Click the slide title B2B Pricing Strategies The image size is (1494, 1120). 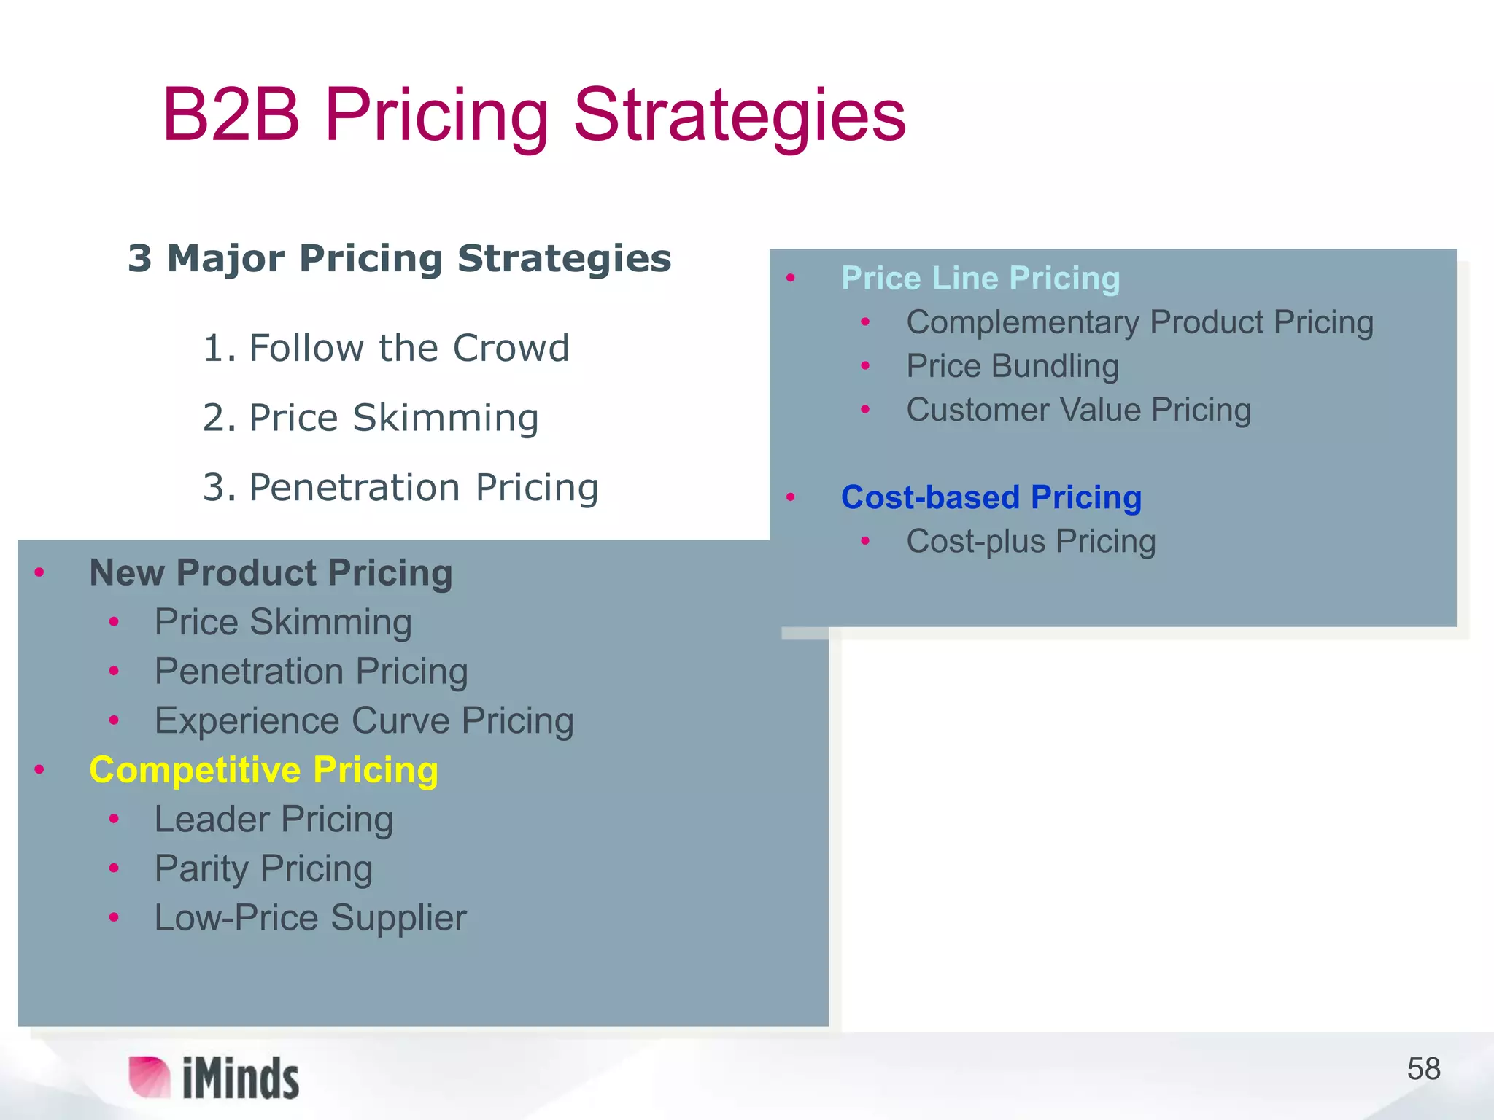(533, 114)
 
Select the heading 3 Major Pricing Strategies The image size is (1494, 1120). (399, 259)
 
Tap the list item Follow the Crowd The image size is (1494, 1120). (386, 348)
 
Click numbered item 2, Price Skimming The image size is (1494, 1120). (371, 418)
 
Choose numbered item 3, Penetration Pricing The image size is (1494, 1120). (400, 487)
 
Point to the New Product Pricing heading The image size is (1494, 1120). (271, 572)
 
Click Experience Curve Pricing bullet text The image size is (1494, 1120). (364, 720)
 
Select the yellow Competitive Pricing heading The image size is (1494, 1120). (263, 770)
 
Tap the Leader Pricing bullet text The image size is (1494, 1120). (274, 819)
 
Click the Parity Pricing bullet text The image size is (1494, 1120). (263, 868)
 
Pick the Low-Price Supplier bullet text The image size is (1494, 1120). (310, 917)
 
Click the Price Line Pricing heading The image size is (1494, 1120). (980, 278)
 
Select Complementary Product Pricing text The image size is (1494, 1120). (1139, 322)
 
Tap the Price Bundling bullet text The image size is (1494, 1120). (1012, 366)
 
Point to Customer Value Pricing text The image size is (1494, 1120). (1078, 410)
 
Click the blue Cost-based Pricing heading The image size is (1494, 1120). (991, 497)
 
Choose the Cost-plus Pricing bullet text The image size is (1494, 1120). (1031, 541)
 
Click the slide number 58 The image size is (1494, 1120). (1423, 1069)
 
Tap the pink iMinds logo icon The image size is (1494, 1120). (149, 1076)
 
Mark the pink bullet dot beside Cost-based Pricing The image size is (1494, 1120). (790, 498)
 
